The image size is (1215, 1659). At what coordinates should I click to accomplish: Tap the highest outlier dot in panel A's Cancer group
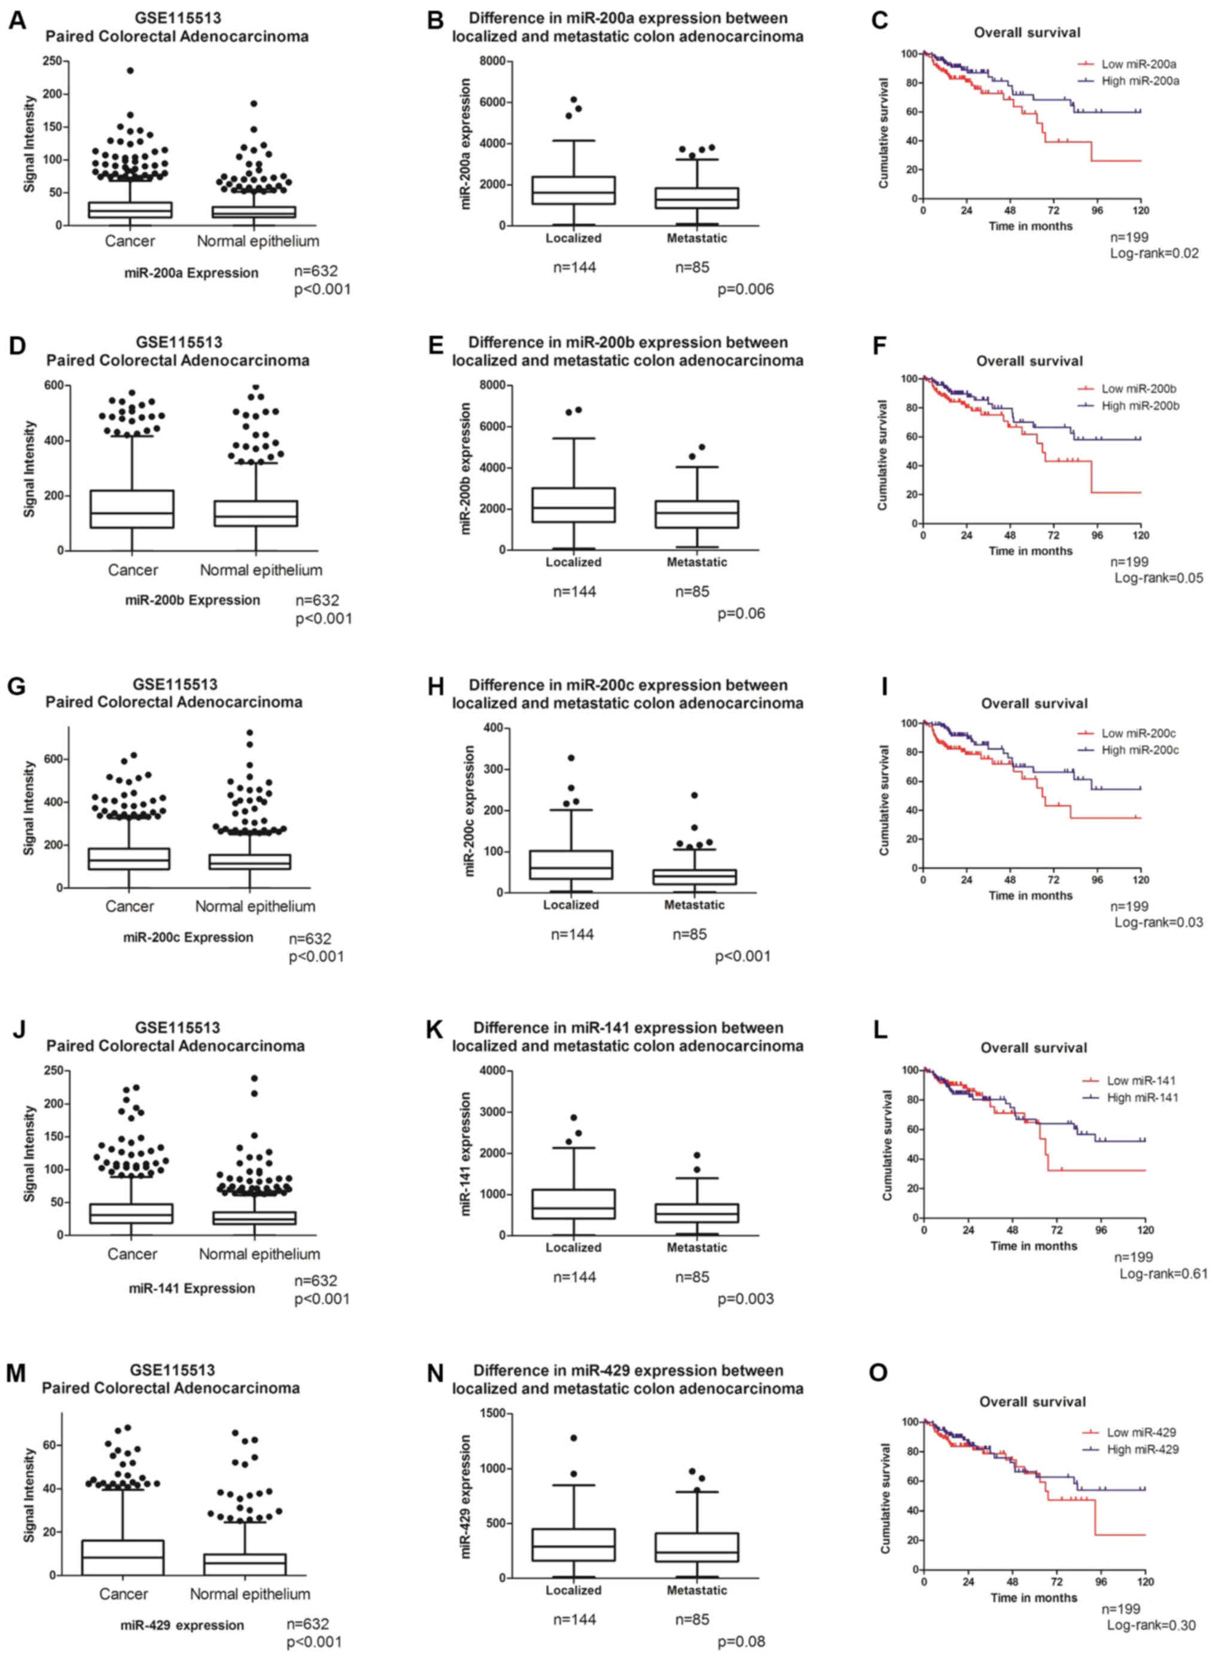(x=130, y=71)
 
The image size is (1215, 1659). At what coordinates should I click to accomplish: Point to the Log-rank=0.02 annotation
(x=1154, y=254)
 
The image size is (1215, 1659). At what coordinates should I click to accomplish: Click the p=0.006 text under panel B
(x=745, y=289)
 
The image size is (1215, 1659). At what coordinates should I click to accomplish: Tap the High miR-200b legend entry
(x=1140, y=405)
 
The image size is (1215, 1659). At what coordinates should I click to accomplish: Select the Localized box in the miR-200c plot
(x=571, y=864)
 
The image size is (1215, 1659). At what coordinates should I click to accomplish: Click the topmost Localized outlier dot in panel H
(x=571, y=758)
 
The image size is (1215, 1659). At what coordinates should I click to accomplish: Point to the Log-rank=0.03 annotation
(x=1158, y=922)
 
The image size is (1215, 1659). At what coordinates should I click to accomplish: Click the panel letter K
(x=435, y=1030)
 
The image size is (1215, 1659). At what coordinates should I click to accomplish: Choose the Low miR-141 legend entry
(x=1141, y=1081)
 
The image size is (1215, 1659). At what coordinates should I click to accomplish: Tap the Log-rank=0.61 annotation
(x=1163, y=1274)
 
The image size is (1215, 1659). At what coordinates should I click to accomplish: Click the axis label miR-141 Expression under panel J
(x=191, y=1288)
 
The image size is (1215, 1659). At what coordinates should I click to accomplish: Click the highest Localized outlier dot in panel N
(x=574, y=1438)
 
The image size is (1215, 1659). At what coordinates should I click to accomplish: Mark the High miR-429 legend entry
(x=1142, y=1450)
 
